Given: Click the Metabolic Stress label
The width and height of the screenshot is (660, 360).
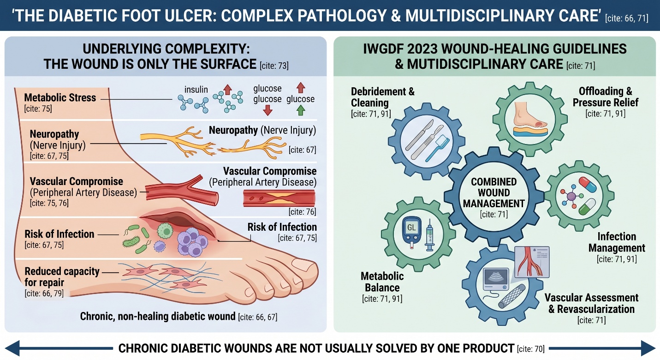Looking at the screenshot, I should (60, 98).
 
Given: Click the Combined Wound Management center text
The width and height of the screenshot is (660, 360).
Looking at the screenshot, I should (494, 193).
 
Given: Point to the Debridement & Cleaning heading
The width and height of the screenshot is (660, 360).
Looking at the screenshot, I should (382, 97).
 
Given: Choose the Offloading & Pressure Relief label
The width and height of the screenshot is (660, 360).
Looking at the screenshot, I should (602, 97).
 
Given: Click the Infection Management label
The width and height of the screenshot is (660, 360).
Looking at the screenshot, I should (617, 242).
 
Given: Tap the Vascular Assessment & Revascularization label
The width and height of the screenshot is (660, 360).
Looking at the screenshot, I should (591, 303).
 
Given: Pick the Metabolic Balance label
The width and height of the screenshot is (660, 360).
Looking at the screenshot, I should (382, 282).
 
